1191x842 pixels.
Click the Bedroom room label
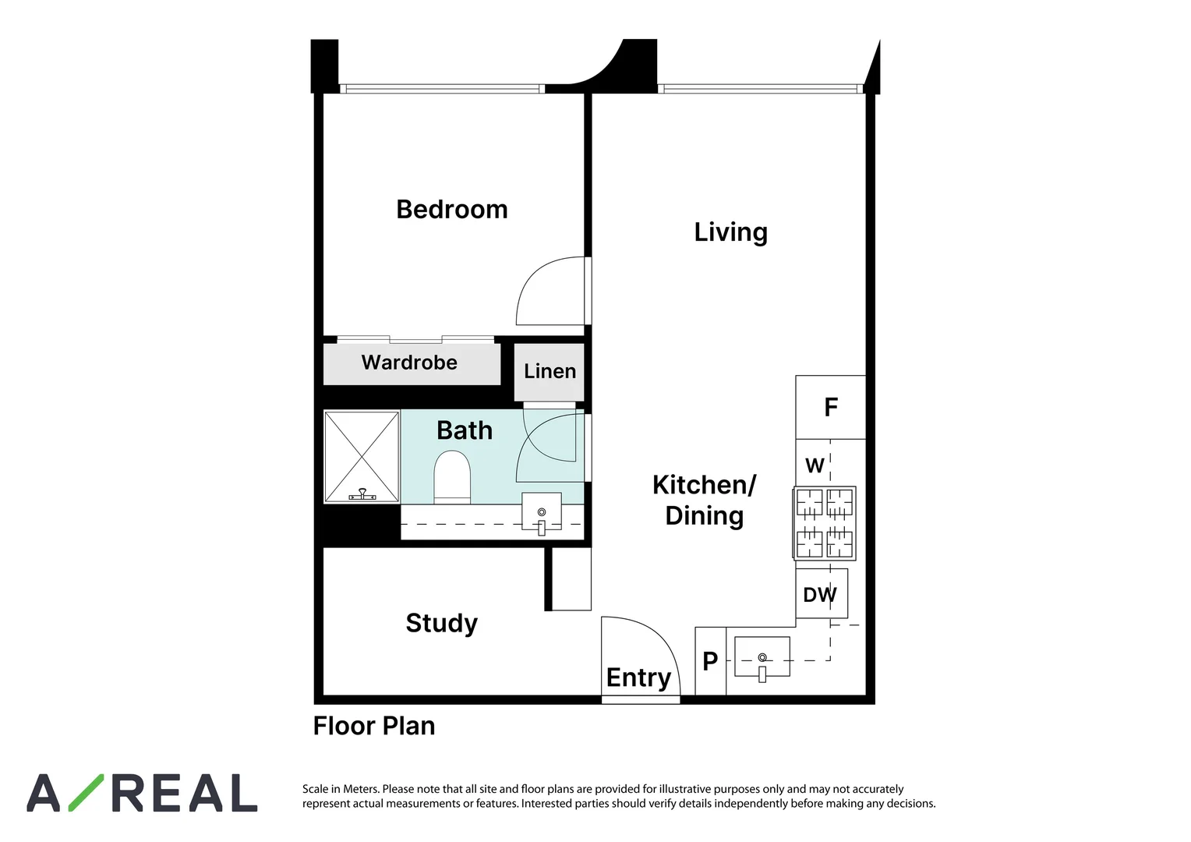(451, 210)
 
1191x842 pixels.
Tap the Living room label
(730, 232)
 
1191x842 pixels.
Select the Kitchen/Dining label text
(704, 500)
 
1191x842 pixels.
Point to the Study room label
(441, 623)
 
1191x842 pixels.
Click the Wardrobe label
(409, 363)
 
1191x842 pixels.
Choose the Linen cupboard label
(550, 371)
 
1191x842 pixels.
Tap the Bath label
(465, 430)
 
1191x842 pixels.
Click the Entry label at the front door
(638, 677)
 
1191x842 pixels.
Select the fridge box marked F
(831, 407)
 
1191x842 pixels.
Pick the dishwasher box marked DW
(820, 595)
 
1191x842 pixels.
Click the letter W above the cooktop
(815, 465)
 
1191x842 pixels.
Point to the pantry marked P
(710, 661)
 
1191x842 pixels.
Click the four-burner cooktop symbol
(825, 523)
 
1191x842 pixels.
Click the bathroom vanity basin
(541, 512)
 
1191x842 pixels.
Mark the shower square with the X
(362, 456)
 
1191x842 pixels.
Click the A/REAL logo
(142, 794)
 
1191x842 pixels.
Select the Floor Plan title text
(374, 726)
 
